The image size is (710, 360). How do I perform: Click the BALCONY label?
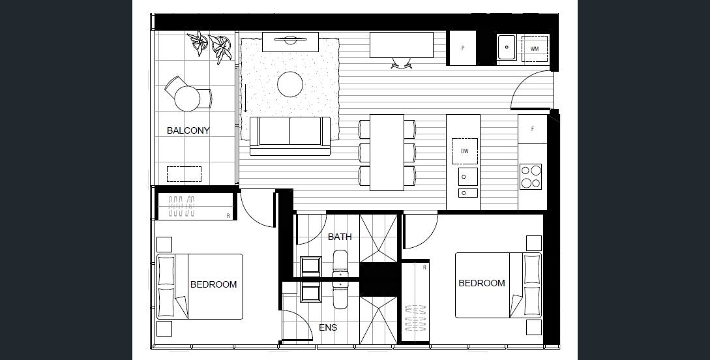188,130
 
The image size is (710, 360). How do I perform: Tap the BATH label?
340,237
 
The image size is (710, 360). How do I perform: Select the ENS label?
328,327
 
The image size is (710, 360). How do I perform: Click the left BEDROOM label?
213,284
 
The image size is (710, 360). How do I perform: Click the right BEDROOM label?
481,283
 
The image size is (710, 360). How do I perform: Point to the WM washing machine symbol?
534,48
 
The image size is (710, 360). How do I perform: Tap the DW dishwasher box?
464,151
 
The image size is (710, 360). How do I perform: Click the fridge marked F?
533,129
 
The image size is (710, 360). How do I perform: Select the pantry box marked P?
463,48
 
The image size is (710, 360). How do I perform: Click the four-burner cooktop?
531,176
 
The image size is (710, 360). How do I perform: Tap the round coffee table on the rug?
290,83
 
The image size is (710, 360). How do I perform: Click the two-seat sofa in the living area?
290,135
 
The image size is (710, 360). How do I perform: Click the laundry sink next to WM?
507,48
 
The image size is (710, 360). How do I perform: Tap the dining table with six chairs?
387,152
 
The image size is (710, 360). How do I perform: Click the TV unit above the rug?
290,42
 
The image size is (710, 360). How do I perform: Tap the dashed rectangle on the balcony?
184,174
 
